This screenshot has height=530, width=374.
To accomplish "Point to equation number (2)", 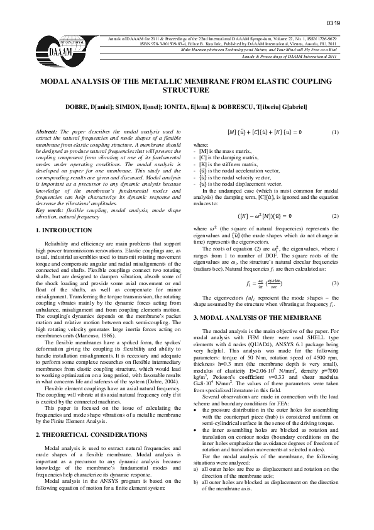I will [335, 215].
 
